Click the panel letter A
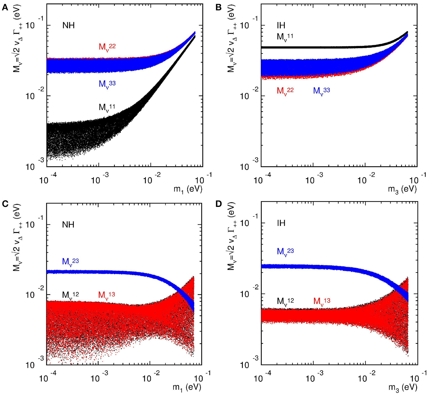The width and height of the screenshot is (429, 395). click(5, 8)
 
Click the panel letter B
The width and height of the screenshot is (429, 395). click(218, 8)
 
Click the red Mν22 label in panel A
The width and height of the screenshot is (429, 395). click(107, 47)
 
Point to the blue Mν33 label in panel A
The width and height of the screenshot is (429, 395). click(107, 84)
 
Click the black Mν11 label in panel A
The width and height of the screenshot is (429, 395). click(107, 107)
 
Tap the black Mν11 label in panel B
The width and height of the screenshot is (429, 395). click(285, 37)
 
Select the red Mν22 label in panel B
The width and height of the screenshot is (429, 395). click(285, 91)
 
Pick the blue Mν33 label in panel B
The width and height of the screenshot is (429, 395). click(321, 91)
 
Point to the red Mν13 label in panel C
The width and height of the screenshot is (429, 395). click(106, 295)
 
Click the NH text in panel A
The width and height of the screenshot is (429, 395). click(68, 26)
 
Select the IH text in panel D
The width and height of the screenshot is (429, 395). click(281, 223)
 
